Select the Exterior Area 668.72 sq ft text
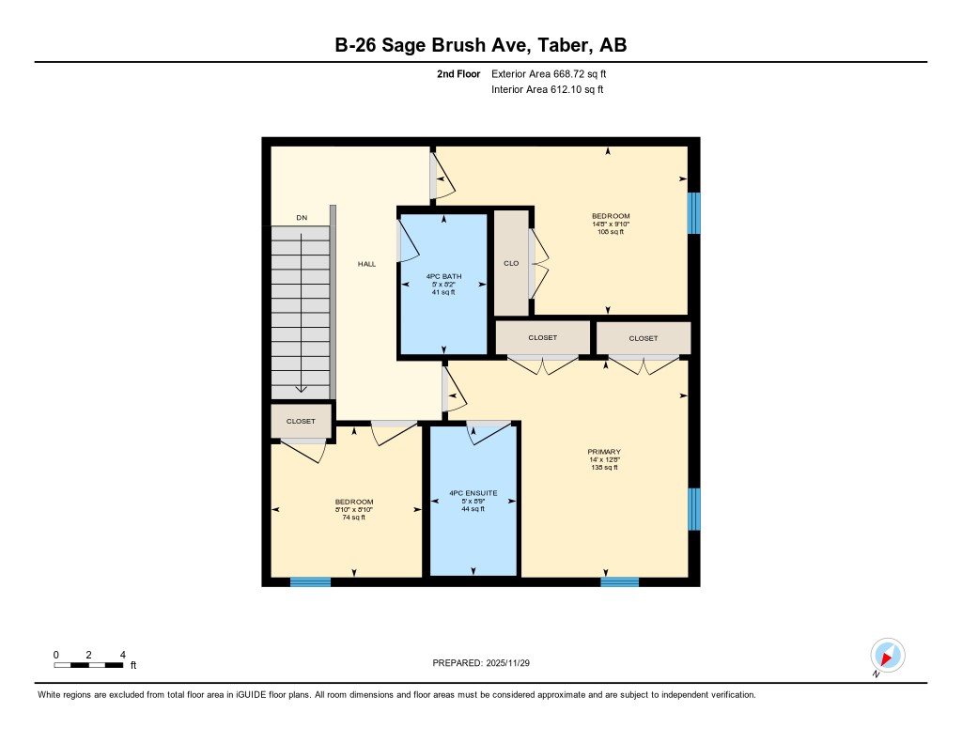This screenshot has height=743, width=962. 555,73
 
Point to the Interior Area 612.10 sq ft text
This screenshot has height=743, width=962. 547,90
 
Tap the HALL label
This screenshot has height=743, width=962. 366,264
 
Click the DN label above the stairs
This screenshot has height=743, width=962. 302,218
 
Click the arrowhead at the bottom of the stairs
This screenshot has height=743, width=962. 301,388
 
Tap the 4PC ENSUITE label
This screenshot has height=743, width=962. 473,493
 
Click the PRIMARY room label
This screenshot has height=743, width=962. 604,451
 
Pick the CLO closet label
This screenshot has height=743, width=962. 511,263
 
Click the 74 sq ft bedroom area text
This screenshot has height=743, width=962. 353,517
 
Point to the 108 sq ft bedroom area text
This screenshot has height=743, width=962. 611,231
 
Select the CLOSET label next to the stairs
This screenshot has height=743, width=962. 302,422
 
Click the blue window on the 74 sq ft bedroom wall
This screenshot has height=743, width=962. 310,581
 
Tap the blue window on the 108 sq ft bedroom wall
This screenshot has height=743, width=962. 694,213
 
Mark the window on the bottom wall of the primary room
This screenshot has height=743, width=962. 619,581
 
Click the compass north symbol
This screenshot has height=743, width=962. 887,656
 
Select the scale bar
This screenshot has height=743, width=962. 89,665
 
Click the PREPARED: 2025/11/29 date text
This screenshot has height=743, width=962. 488,663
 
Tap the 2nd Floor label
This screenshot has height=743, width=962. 458,73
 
